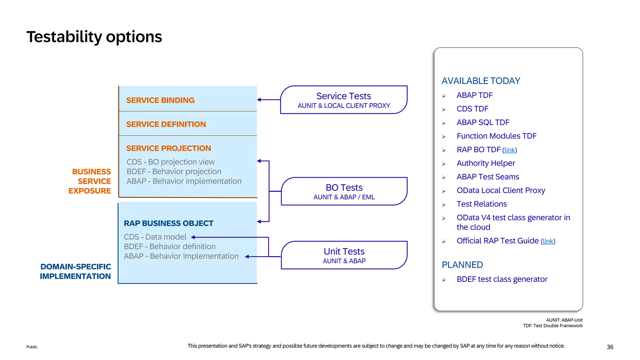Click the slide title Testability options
pos(94,37)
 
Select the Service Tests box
pos(344,100)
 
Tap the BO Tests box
pos(344,191)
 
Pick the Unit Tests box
pos(344,255)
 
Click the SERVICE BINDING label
pos(160,100)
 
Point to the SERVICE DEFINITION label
pos(166,124)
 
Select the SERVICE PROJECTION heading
pos(168,148)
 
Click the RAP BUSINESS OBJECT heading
pos(168,223)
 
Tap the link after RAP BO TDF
pos(509,150)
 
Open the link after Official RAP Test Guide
pos(548,241)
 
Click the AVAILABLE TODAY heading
pos(481,81)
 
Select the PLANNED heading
pos(462,265)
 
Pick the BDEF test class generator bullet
pos(502,279)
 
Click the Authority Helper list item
pos(486,163)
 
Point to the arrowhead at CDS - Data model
pos(193,237)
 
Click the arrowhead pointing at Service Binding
pos(259,100)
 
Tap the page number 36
pos(610,347)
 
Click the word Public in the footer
pos(32,347)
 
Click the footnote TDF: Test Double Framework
pos(552,326)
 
